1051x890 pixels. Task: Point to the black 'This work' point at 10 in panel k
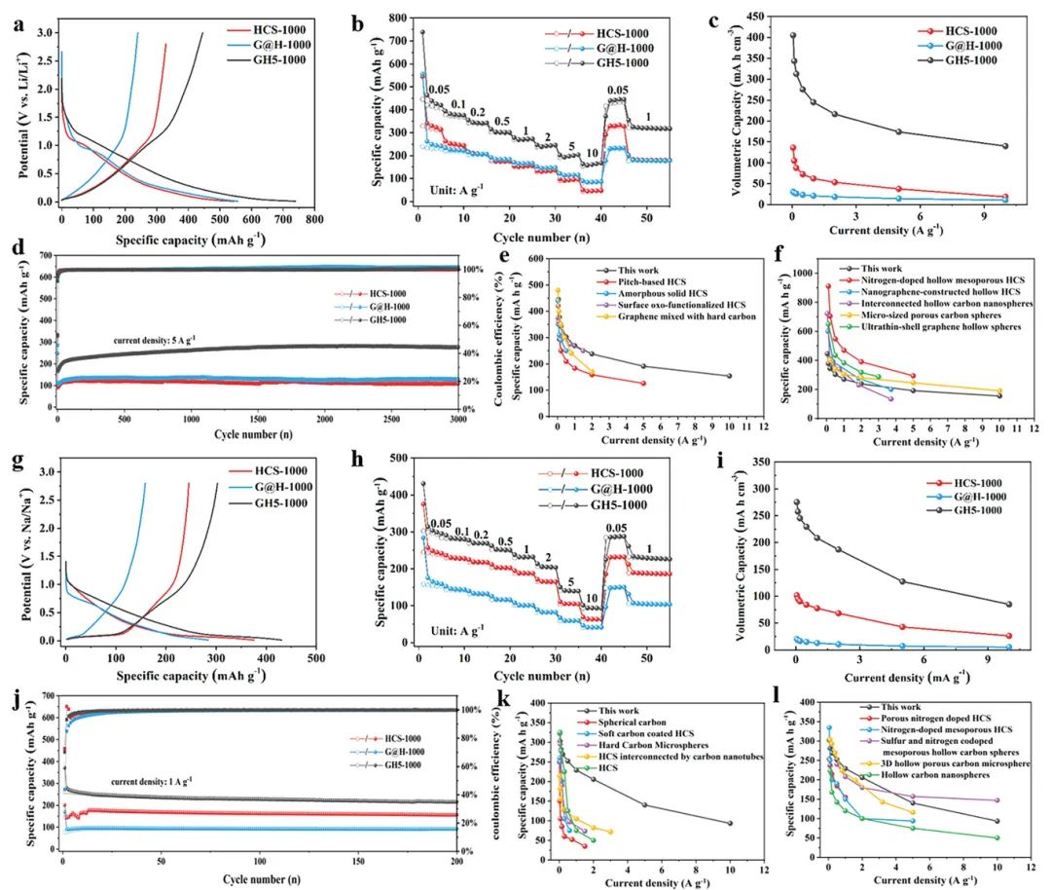[730, 823]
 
